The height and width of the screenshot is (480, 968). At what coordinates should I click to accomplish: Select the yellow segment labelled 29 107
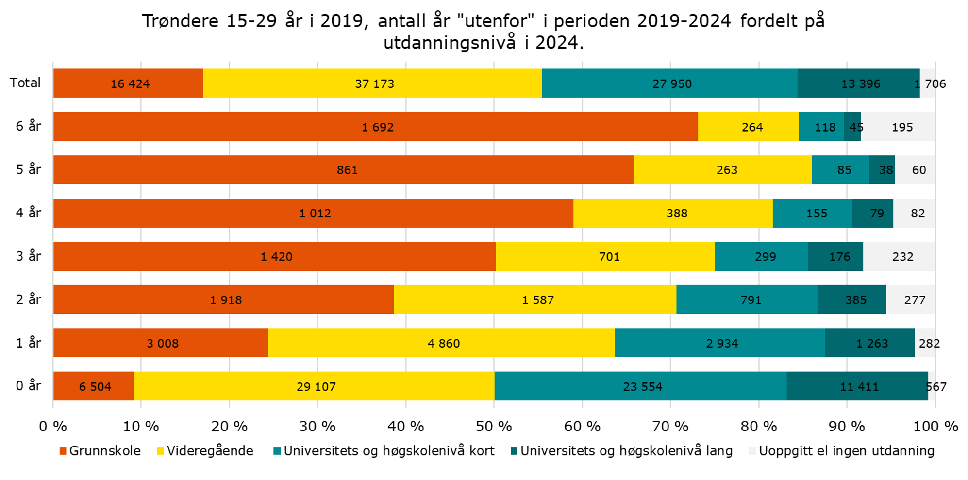[316, 386]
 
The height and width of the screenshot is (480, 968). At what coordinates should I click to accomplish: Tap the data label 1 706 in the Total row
[930, 83]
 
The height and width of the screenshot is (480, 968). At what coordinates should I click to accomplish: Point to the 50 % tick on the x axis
[494, 426]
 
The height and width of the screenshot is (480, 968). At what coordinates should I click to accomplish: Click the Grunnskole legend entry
[100, 451]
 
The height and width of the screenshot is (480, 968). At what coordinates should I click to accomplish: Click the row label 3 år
[28, 256]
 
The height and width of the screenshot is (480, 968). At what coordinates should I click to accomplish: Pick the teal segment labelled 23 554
[642, 386]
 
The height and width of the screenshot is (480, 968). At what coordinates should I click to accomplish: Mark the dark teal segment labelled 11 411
[859, 386]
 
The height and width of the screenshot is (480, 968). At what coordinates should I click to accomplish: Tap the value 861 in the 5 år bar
[347, 170]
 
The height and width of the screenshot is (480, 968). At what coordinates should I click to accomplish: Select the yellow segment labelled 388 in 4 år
[676, 213]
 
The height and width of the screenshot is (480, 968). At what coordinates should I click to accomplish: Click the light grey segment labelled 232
[902, 256]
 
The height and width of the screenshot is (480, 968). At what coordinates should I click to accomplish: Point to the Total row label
[25, 83]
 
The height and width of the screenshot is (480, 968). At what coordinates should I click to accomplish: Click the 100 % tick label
[935, 426]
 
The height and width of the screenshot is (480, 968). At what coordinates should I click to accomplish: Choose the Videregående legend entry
[205, 451]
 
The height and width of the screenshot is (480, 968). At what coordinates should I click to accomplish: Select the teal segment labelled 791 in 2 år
[750, 299]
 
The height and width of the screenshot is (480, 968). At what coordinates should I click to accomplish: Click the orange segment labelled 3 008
[162, 343]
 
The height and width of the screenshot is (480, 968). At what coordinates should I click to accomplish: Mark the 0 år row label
[28, 386]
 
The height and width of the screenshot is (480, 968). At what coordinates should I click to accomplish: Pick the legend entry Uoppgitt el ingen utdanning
[841, 451]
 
